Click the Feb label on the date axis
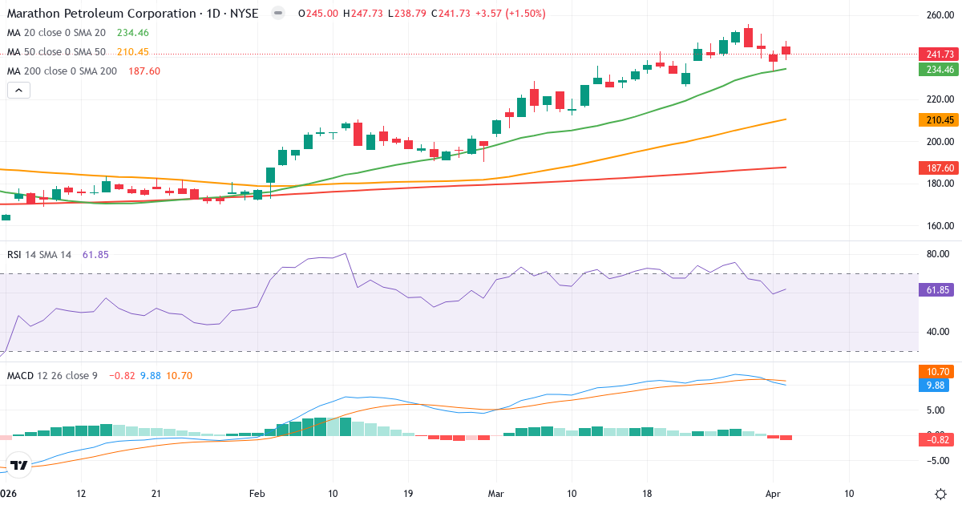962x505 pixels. pyautogui.click(x=257, y=494)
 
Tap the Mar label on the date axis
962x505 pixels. pyautogui.click(x=495, y=494)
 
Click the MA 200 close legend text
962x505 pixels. pyautogui.click(x=62, y=71)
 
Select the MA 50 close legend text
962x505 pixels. pyautogui.click(x=56, y=52)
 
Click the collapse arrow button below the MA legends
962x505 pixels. pyautogui.click(x=19, y=91)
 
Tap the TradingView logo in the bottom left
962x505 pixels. pyautogui.click(x=19, y=465)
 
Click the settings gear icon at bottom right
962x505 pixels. pyautogui.click(x=943, y=494)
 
